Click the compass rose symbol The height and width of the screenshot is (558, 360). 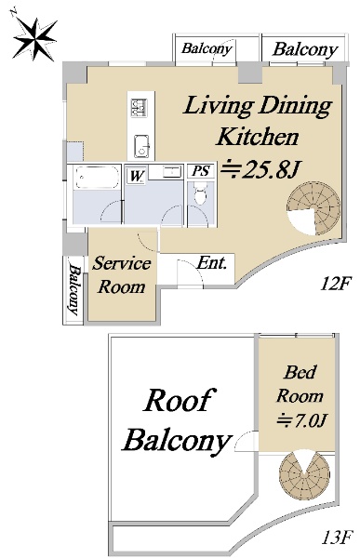(34, 39)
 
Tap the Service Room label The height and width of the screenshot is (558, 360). (122, 275)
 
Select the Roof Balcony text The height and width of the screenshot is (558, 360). (177, 420)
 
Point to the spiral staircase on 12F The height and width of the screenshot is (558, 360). (314, 209)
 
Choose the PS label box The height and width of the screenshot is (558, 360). (201, 171)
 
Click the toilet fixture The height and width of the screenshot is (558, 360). (201, 193)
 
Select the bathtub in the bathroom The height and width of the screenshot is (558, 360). (97, 178)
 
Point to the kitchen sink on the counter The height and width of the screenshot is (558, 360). (141, 146)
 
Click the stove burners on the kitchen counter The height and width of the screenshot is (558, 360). (139, 108)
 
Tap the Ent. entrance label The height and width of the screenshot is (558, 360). (212, 263)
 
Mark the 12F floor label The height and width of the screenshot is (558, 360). (336, 284)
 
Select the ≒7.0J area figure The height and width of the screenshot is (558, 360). (301, 420)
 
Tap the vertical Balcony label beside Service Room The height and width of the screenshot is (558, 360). (74, 289)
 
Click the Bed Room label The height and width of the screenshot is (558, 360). (300, 384)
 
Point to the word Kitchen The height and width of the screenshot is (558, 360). (258, 137)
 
